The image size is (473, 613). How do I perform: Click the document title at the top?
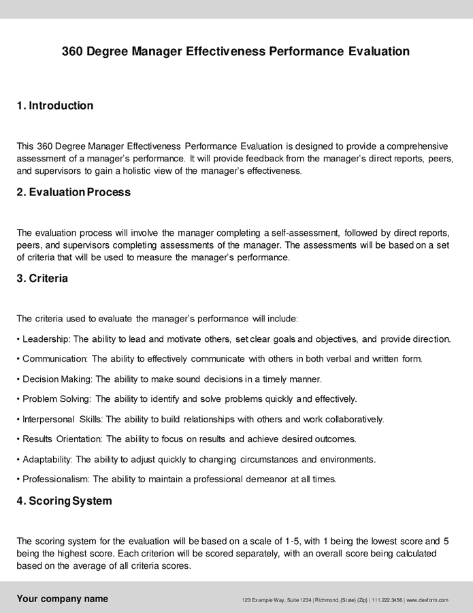point(235,51)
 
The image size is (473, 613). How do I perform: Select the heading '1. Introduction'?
point(54,106)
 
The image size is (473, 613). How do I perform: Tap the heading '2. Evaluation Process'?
point(74,192)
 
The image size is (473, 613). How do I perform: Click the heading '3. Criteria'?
point(42,278)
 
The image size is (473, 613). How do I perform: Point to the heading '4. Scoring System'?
point(64,501)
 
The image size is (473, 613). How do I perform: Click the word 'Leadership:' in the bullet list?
point(46,339)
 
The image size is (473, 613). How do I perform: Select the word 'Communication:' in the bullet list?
point(54,358)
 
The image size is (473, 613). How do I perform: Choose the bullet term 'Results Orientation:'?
point(63,439)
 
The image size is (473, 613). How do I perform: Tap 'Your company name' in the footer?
point(62,599)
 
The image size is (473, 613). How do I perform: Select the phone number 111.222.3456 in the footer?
point(387,600)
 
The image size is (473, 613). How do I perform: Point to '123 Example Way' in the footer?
point(261,600)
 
